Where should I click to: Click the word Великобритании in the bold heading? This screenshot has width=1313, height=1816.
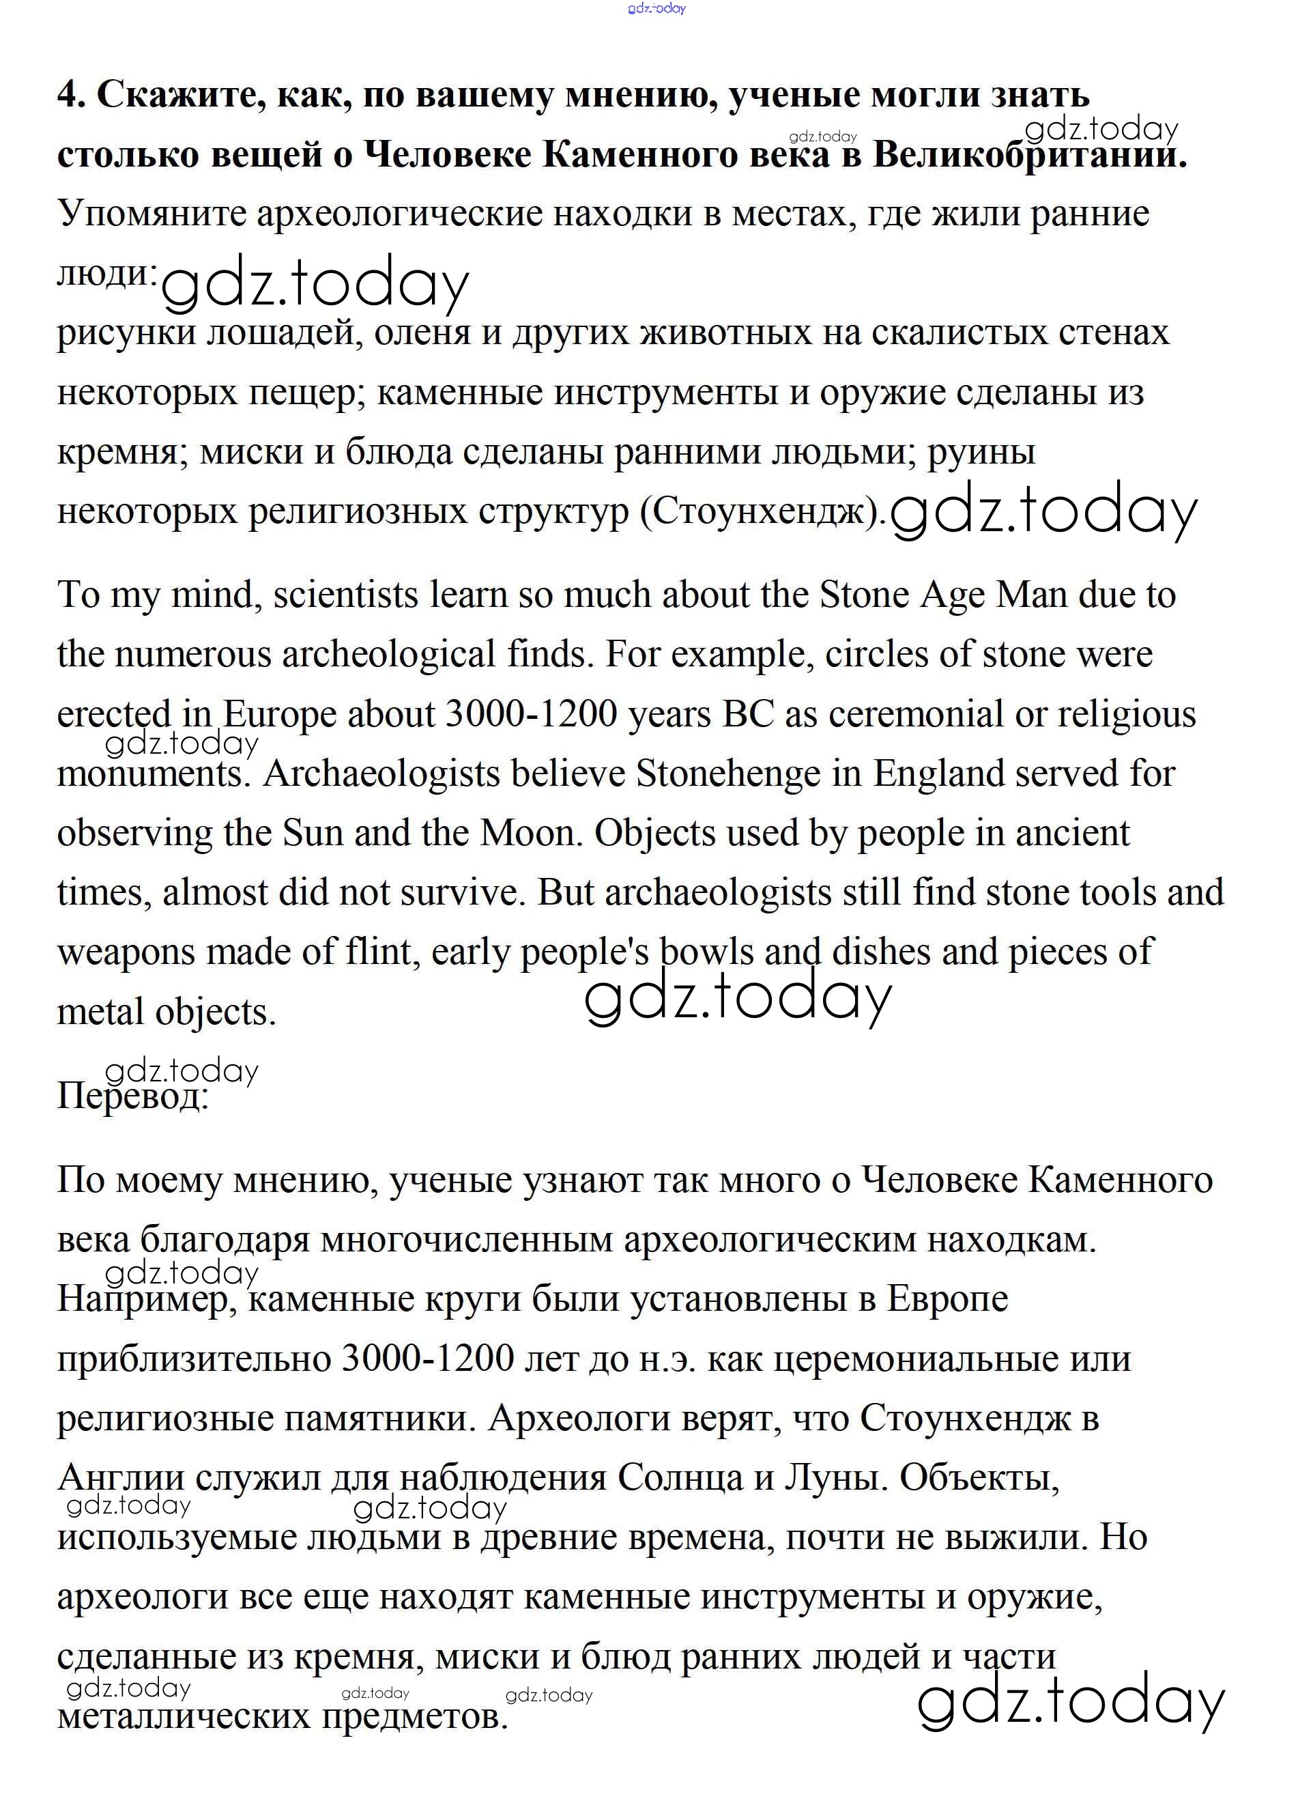[x=1029, y=154]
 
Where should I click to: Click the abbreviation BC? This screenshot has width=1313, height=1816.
[x=748, y=714]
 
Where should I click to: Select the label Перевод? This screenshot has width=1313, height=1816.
[x=132, y=1095]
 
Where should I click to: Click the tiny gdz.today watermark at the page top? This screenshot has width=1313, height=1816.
[x=656, y=9]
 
